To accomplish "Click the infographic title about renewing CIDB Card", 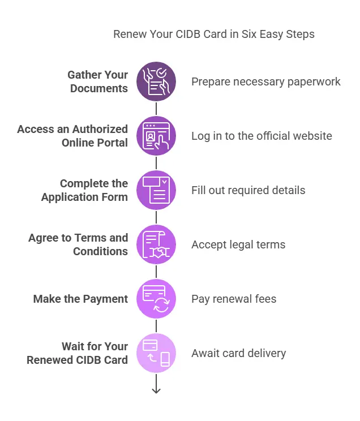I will [x=213, y=34].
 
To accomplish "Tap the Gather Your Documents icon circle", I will [x=156, y=81].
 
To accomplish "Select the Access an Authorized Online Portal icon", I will [x=156, y=136].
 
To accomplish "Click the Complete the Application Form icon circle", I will [x=156, y=190].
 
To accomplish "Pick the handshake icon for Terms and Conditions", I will [x=156, y=244].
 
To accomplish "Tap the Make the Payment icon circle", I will [x=156, y=299].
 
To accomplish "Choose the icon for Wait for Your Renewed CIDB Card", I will [x=156, y=353].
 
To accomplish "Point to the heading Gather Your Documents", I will [x=98, y=81].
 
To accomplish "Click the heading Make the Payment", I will [x=80, y=299].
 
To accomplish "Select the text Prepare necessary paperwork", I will [x=265, y=81].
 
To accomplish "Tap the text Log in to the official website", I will [x=262, y=136].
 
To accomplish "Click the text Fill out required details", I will [x=248, y=190].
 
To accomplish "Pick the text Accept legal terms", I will [x=238, y=244].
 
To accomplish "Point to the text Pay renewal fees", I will [x=234, y=299].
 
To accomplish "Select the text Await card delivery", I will [x=238, y=353].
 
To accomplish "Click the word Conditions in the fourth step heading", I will [x=100, y=251].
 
